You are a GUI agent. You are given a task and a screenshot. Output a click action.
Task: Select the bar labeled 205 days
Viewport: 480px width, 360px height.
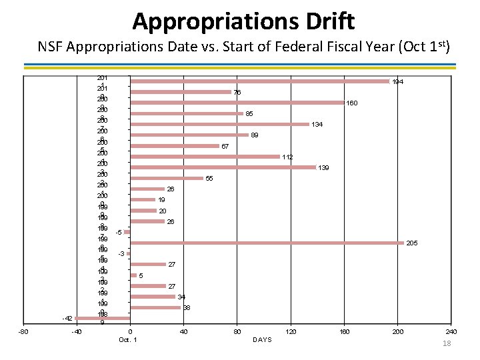267,243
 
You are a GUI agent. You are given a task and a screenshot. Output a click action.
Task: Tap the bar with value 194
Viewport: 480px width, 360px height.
259,81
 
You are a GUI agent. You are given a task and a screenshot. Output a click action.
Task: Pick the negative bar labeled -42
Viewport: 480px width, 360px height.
102,318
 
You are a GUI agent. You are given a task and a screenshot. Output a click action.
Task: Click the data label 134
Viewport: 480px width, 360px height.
317,125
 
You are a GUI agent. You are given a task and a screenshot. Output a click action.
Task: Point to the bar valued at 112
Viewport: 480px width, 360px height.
205,157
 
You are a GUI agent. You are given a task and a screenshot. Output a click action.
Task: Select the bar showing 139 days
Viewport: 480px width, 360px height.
223,167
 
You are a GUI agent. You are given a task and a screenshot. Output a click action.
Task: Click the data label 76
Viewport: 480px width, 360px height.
237,93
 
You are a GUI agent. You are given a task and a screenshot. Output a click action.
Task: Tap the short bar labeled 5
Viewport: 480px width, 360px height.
133,275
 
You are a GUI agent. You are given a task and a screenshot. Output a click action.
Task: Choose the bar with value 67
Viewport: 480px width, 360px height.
175,146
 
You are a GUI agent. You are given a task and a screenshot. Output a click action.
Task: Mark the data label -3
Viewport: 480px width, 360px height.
121,254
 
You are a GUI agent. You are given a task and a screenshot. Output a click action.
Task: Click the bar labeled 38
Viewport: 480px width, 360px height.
155,307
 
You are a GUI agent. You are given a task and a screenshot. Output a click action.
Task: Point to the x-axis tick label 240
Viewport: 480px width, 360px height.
451,331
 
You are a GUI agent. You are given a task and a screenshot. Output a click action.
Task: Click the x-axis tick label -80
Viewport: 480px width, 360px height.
23,331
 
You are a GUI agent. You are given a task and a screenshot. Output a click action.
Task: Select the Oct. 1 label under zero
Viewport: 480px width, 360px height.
127,340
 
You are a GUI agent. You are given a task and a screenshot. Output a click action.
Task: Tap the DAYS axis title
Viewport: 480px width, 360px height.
263,340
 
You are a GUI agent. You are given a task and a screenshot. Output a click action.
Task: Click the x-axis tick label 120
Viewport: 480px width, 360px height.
290,331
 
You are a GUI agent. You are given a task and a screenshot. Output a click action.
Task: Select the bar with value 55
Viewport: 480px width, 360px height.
167,178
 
